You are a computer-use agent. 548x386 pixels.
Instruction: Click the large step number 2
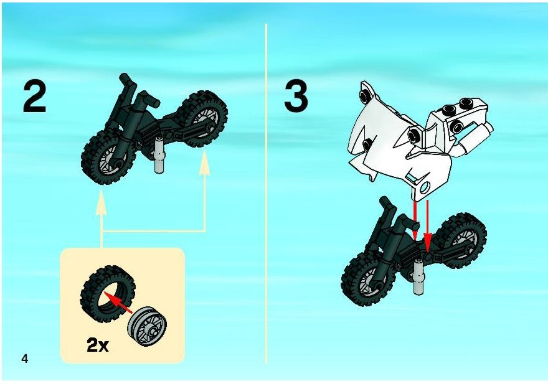coord(35,98)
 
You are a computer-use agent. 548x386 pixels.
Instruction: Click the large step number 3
coord(296,96)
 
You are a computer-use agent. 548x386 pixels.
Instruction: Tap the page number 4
coord(24,359)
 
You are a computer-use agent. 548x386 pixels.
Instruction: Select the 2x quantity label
coord(98,346)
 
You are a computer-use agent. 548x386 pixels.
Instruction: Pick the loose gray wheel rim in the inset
coord(148,327)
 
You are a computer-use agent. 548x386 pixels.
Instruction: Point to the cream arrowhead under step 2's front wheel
coord(102,202)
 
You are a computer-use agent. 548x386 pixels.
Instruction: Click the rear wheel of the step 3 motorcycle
coord(462,240)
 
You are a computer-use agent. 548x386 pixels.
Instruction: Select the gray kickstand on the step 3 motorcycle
coord(418,277)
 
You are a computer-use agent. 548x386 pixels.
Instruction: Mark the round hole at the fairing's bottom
coord(425,188)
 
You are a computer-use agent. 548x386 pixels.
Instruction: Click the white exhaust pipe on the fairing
coord(475,139)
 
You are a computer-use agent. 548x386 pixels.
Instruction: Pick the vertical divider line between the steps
coord(266,194)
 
